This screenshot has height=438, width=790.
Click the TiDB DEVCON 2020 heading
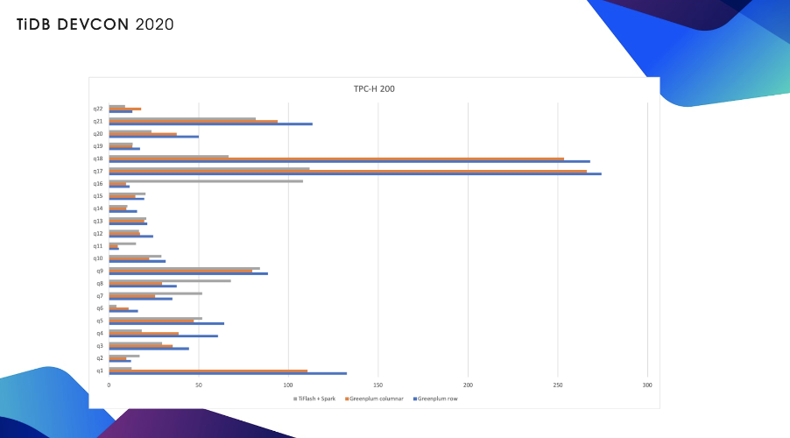pos(95,24)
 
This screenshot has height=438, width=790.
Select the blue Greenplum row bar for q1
pos(228,373)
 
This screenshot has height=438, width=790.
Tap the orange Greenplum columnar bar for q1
pos(208,371)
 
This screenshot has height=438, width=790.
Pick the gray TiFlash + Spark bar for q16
pos(206,180)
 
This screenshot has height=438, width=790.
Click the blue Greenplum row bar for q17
pos(355,173)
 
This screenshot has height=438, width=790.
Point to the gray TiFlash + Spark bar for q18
pos(168,156)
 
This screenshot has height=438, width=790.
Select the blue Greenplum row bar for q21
pos(210,124)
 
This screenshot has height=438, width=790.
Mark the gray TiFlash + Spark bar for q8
pos(170,280)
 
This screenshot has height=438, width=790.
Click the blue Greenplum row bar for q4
pos(163,336)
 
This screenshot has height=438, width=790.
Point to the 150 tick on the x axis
pos(377,385)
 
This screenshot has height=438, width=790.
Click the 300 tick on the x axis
pos(647,385)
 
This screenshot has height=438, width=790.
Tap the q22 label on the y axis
pos(98,109)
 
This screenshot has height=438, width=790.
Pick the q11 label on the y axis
pos(98,246)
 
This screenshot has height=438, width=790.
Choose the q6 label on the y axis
pos(99,308)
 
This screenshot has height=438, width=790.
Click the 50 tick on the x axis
pos(199,385)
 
